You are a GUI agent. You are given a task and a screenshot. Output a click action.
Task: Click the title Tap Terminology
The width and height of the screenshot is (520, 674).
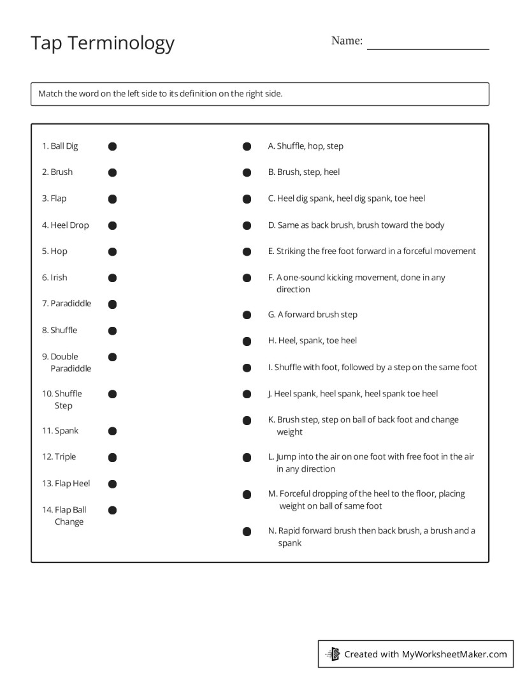tap(102, 43)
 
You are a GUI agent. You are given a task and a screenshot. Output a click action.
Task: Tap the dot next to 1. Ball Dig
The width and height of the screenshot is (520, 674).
tap(112, 146)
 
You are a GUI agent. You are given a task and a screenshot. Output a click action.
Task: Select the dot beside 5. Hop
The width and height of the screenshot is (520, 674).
tap(112, 251)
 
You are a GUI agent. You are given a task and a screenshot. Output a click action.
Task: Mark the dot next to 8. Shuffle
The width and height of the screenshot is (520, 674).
tap(112, 331)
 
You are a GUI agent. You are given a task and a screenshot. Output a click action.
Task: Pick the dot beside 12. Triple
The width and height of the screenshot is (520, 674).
tap(112, 457)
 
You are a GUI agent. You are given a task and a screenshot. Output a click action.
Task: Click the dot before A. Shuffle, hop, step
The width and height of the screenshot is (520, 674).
tap(247, 146)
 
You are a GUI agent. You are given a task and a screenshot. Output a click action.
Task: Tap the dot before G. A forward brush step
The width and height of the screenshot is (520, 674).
tap(247, 315)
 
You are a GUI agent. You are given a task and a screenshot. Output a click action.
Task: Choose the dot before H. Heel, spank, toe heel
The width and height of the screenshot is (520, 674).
tap(247, 341)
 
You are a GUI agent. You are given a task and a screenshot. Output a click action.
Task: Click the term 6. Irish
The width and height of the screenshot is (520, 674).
tap(55, 278)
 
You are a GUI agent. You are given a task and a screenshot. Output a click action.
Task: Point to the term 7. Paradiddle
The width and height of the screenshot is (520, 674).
tap(66, 303)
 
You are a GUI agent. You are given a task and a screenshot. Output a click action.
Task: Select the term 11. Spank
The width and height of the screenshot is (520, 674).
tap(60, 431)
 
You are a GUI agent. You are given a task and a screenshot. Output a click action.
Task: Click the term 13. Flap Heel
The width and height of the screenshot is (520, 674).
tap(66, 483)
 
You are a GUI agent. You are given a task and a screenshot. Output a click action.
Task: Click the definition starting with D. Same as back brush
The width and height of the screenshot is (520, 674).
tap(356, 225)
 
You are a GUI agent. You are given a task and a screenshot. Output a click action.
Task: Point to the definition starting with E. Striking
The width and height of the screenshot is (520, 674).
tap(372, 251)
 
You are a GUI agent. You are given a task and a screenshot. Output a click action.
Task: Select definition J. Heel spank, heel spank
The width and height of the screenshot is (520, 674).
tap(352, 394)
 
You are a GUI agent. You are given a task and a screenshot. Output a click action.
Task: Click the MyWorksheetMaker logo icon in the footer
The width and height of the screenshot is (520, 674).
tap(333, 654)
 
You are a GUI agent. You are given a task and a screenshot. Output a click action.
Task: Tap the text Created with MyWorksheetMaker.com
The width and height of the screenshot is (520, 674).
tap(425, 654)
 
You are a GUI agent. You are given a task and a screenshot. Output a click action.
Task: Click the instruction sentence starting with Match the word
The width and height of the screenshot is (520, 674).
tap(160, 94)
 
